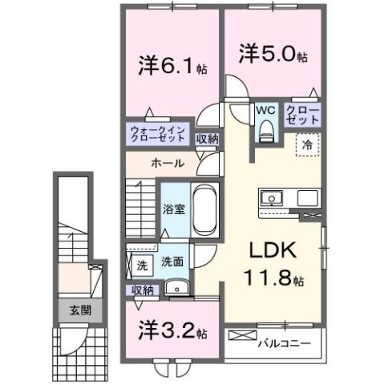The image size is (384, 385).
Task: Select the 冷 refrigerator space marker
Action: pos(307,145)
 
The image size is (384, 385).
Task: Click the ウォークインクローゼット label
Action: pos(159,134)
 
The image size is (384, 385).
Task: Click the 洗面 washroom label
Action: pos(172,261)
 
